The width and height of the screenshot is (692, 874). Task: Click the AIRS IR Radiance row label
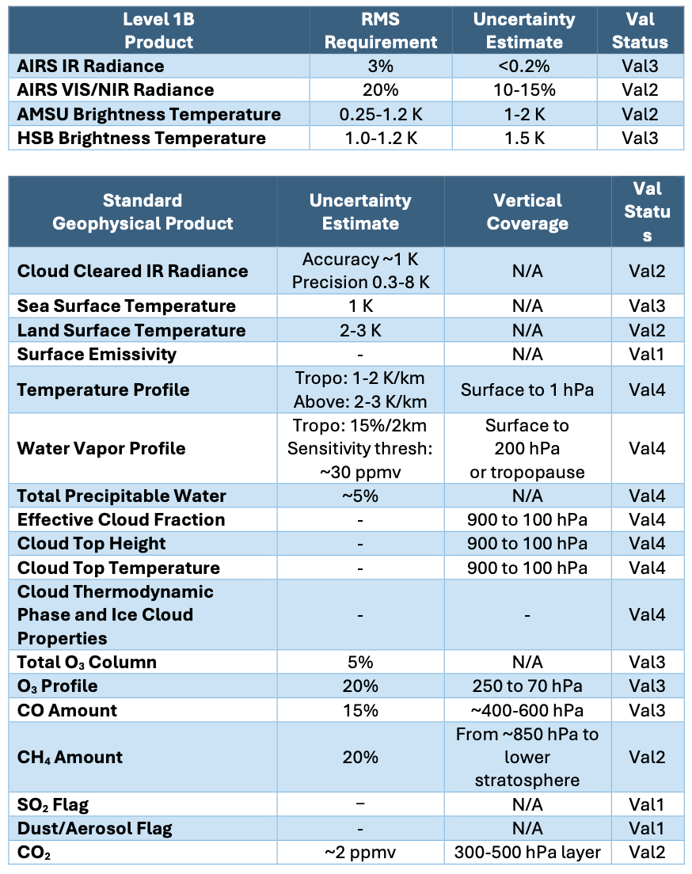91,66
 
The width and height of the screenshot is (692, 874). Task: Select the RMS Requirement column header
381,31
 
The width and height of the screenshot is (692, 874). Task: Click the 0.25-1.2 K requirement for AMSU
381,114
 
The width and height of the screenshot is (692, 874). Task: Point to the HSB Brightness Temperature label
142,139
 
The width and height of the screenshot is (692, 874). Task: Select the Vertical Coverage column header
527,211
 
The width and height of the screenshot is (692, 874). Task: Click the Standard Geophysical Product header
143,211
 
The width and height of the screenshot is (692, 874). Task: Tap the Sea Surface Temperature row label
127,306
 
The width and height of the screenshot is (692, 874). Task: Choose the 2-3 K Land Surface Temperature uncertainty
360,330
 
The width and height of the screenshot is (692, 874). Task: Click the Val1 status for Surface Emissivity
647,354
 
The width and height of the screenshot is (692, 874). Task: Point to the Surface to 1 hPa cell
527,389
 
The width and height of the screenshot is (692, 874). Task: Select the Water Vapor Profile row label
101,449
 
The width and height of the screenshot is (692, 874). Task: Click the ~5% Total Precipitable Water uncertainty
360,496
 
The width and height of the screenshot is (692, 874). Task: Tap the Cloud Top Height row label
92,544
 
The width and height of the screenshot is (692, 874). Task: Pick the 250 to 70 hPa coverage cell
527,686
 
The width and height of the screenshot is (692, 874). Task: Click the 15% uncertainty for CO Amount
360,710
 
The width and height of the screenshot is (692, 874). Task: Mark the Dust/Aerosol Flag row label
95,829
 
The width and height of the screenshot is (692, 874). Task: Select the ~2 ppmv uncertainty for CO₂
360,853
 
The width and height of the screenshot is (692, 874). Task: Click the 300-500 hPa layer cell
527,853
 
